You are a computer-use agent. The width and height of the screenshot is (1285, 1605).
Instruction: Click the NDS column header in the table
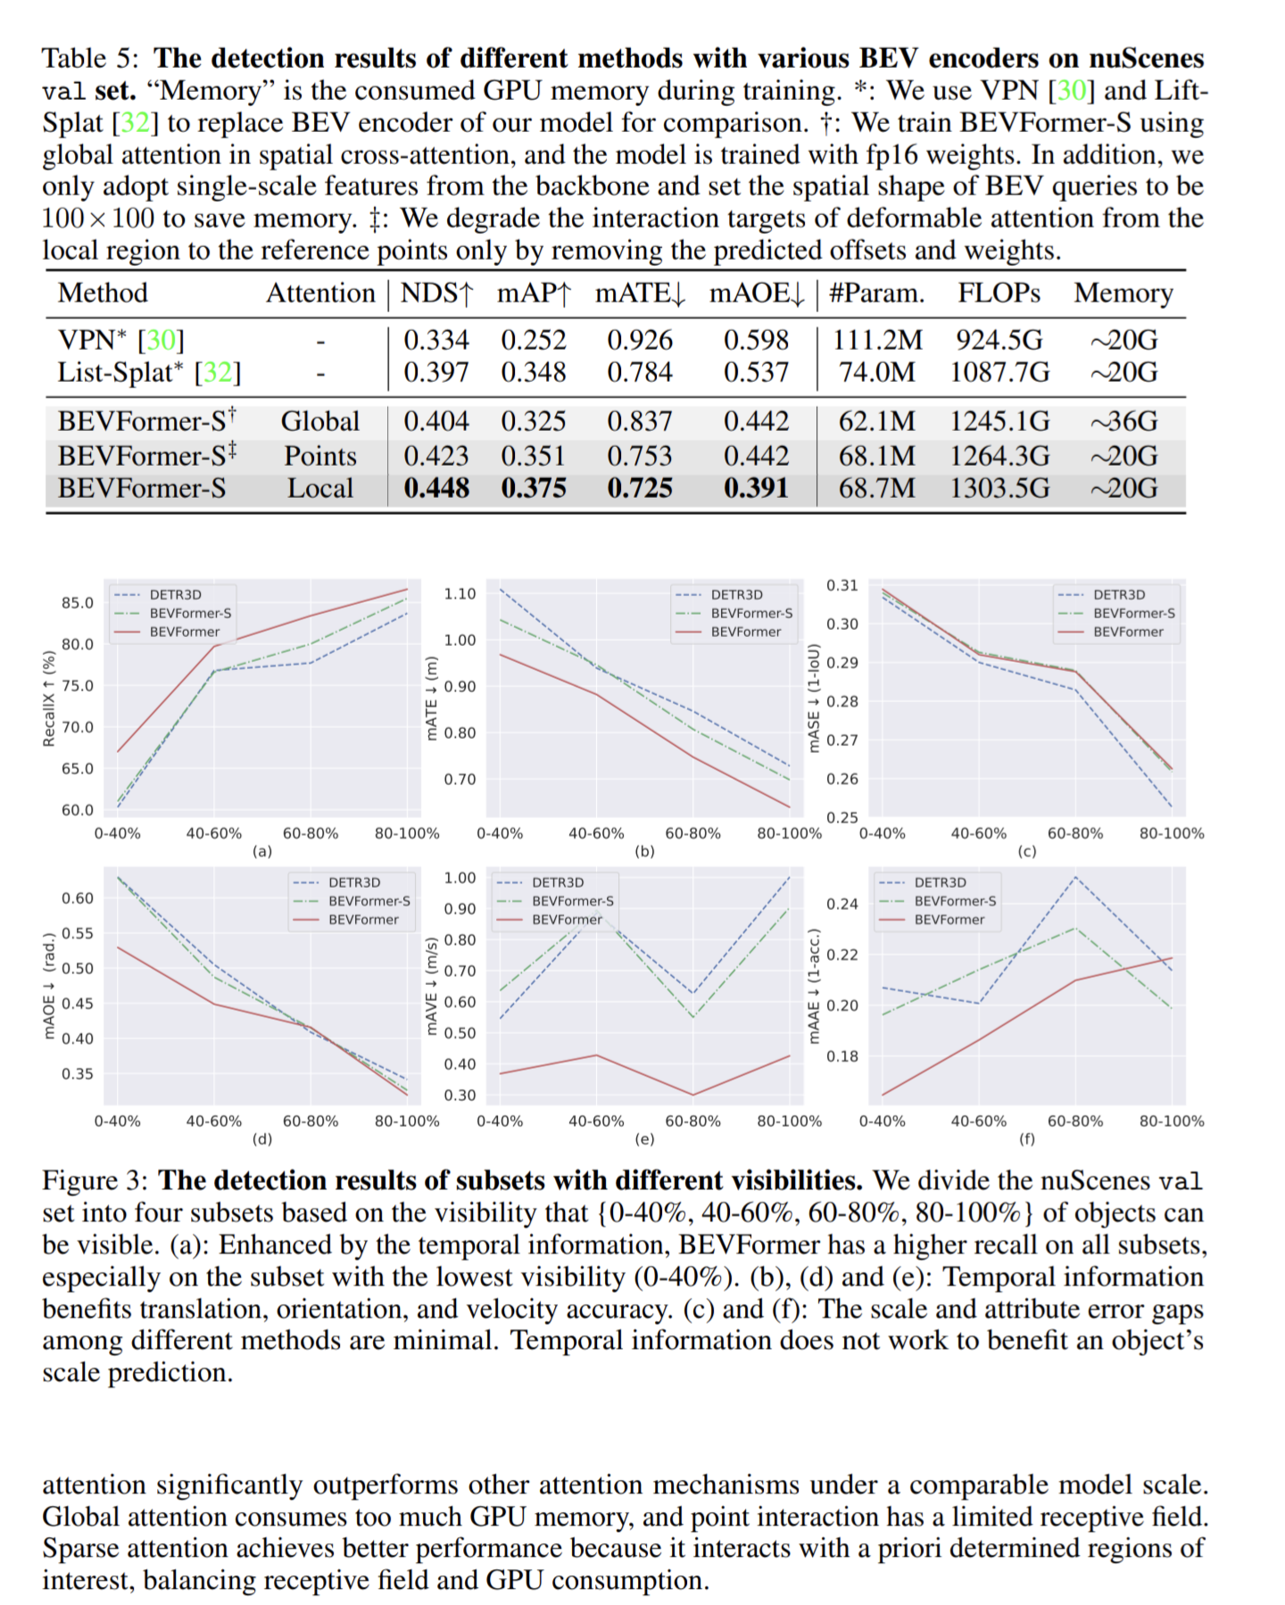coord(436,294)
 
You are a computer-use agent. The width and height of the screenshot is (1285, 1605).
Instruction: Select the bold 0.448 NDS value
coord(436,488)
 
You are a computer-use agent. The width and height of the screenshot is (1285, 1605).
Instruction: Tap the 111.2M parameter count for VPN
coord(877,340)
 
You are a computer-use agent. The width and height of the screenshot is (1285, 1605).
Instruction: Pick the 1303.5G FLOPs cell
coord(999,488)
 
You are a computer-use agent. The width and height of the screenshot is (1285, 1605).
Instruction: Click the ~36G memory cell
coord(1123,421)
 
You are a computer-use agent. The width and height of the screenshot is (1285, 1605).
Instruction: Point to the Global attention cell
coord(320,421)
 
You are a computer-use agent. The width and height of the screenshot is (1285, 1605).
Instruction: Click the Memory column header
coord(1123,294)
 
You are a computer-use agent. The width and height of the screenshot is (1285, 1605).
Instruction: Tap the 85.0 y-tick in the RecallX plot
coord(77,603)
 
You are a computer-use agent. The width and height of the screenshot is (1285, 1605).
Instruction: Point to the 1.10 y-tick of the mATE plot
coord(460,594)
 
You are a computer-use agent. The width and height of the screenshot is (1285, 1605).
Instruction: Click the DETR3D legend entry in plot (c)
coord(1118,595)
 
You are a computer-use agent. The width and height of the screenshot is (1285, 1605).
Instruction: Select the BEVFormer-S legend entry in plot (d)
coord(369,901)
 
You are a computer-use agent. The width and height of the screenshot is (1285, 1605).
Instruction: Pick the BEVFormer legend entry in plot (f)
coord(949,920)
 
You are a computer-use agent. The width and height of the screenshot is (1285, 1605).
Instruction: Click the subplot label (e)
coord(644,1139)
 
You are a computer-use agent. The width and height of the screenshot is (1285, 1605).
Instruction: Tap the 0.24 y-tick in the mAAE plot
coord(841,905)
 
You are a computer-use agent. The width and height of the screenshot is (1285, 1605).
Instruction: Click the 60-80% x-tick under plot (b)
coord(693,834)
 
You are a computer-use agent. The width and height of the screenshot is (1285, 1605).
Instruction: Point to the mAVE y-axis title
coord(432,986)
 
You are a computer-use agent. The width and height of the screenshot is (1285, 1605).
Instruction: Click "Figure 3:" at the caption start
coord(95,1181)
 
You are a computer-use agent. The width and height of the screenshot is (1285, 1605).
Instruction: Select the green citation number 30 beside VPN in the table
coord(162,340)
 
